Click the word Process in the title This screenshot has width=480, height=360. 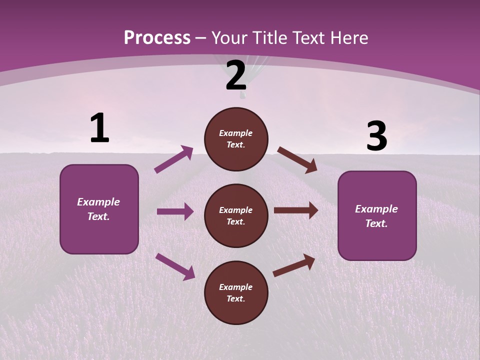click(x=157, y=38)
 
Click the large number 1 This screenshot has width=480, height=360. click(x=99, y=128)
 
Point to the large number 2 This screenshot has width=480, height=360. click(x=236, y=76)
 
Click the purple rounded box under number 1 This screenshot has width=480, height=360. click(x=99, y=209)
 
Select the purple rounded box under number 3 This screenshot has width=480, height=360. click(x=377, y=216)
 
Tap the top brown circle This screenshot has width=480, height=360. click(x=236, y=139)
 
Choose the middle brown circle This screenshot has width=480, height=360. click(x=236, y=216)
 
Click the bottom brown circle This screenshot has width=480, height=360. click(x=236, y=293)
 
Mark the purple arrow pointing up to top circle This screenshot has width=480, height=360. click(x=174, y=159)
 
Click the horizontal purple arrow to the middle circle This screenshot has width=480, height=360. click(x=175, y=211)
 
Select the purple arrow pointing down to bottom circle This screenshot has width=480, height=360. click(x=175, y=266)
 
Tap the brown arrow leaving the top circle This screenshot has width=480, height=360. click(x=297, y=160)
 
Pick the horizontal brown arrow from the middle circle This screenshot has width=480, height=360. click(x=296, y=210)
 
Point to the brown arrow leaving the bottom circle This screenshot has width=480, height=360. click(x=294, y=265)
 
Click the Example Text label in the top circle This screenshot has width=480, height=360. click(x=236, y=139)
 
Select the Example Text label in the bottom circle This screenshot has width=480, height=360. click(x=236, y=293)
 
